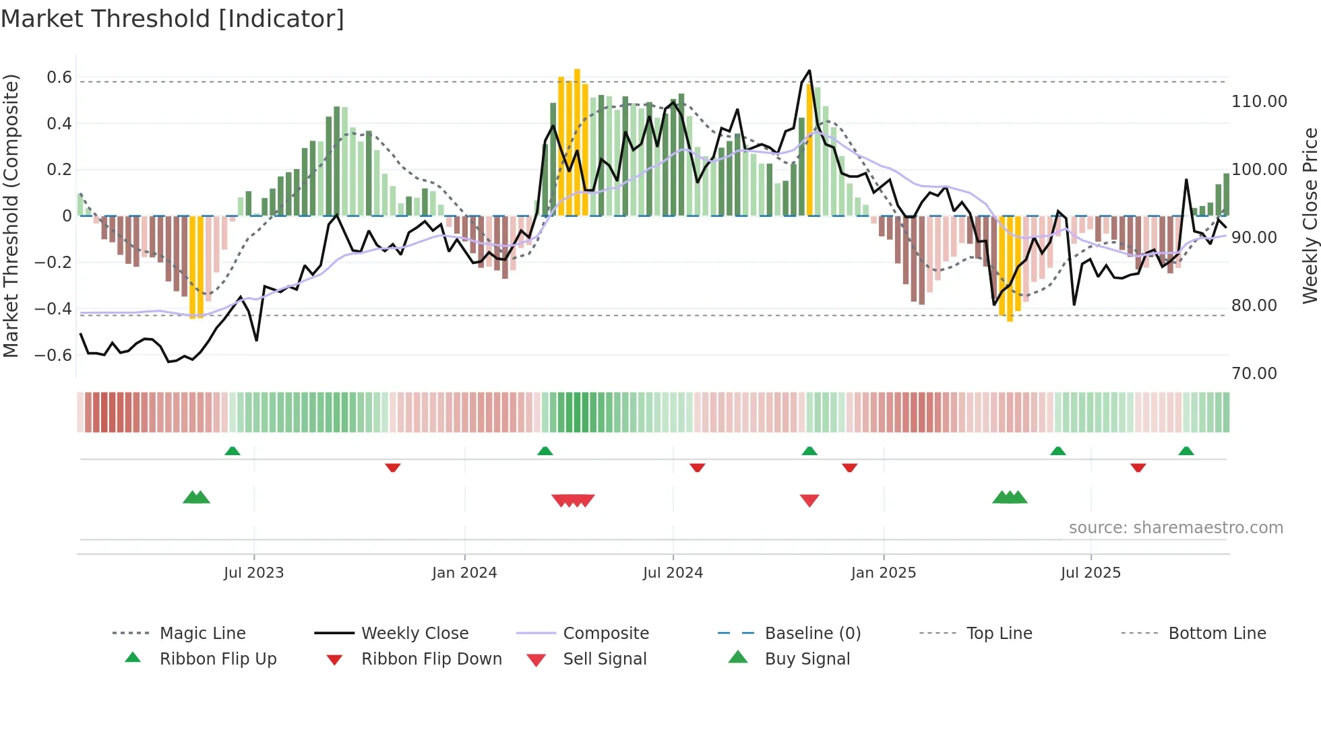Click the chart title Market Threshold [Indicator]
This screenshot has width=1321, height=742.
pos(173,19)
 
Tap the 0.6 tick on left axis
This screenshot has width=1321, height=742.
pos(59,77)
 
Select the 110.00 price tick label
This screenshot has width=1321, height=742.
pos(1259,102)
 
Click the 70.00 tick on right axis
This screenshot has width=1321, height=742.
pos(1254,374)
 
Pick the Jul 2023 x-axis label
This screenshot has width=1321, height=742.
pos(253,573)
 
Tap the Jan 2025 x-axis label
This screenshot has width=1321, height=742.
pos(883,573)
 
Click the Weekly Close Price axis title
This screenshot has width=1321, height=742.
pos(1310,215)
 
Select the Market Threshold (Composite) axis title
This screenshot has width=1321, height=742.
pos(11,215)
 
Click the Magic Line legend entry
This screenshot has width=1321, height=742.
pos(202,634)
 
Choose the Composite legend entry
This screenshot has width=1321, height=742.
pos(605,634)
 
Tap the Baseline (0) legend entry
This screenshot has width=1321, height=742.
pos(812,634)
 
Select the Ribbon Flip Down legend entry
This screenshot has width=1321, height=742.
pos(431,659)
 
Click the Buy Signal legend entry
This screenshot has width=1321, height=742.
pos(807,659)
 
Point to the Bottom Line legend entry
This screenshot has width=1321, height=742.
pos(1217,634)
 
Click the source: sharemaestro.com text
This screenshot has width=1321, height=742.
pos(1175,528)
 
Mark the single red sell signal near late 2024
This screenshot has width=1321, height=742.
pos(809,500)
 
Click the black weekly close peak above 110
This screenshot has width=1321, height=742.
pos(809,71)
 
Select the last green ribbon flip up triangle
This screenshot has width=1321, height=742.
pos(1186,451)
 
